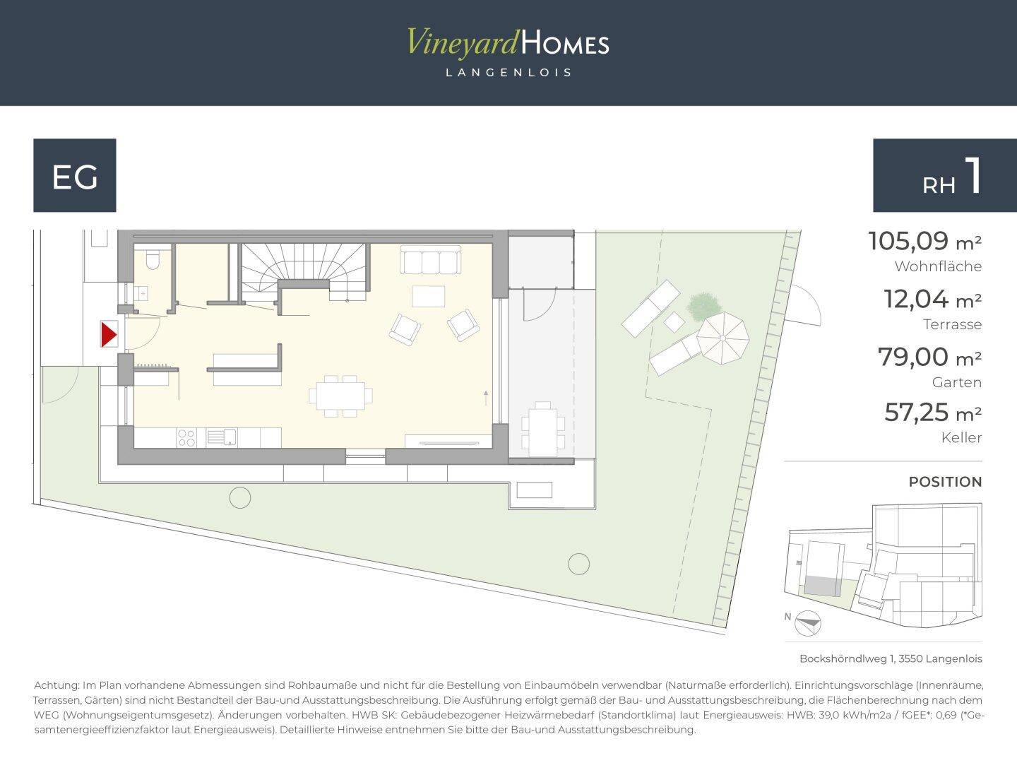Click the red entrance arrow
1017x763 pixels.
[x=109, y=334]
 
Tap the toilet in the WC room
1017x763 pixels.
[x=153, y=261]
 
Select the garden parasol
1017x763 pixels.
[x=722, y=338]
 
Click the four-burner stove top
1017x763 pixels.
[x=186, y=438]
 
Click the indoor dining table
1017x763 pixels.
[x=340, y=396]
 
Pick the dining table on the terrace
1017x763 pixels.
[x=543, y=429]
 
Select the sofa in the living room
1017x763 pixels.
[x=430, y=260]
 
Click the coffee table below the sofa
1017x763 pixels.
[x=429, y=297]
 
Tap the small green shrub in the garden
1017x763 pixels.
[x=704, y=307]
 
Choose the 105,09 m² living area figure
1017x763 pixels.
[x=924, y=242]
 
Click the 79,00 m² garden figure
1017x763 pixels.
[x=929, y=357]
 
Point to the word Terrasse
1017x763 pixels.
[x=952, y=324]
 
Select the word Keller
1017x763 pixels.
[x=961, y=438]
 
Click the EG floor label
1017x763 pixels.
[x=75, y=177]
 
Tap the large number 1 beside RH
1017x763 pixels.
[x=973, y=176]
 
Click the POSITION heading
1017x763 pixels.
[x=945, y=482]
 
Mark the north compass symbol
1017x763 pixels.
[x=807, y=623]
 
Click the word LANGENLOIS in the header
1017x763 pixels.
[x=509, y=73]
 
